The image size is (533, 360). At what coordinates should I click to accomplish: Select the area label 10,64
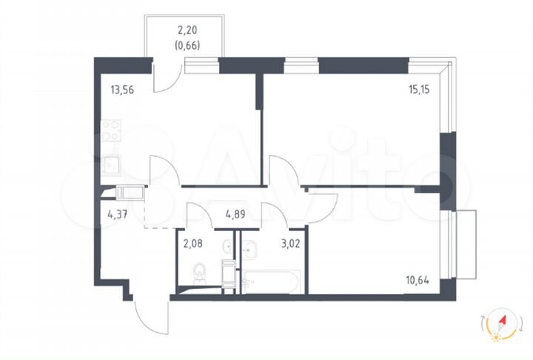(418, 279)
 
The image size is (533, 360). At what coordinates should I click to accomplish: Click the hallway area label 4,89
(236, 217)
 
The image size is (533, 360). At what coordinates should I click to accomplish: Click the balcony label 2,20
(187, 30)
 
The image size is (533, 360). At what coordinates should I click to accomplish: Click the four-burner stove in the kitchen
(112, 131)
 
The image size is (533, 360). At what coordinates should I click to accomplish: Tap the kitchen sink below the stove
(111, 165)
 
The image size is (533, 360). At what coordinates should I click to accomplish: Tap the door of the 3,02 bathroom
(275, 215)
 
